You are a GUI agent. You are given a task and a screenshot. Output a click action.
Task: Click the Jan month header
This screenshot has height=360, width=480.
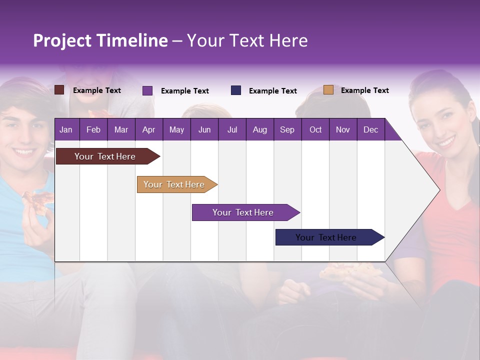coord(66,129)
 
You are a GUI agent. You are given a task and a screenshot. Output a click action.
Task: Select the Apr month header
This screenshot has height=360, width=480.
coord(148,129)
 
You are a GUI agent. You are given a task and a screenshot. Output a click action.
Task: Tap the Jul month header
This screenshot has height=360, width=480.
coord(232,129)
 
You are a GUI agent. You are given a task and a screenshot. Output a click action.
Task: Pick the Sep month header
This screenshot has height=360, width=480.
coord(287,129)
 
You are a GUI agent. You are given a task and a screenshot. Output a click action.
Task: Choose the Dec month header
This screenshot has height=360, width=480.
coord(370,129)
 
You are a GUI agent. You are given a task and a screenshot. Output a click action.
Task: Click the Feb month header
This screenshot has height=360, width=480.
coord(93,129)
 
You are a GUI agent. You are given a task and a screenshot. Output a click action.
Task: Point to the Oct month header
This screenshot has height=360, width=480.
coord(315,129)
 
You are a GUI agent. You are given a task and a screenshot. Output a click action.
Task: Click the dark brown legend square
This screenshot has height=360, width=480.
coord(59,90)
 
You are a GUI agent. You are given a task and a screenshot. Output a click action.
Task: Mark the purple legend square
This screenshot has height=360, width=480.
coord(147,90)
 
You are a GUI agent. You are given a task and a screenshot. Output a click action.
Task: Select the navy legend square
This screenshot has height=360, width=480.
coord(236,90)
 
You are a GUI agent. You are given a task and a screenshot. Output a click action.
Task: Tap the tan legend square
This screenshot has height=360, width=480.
coord(328,90)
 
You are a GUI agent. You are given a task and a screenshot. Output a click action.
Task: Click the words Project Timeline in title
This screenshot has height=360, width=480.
coord(100,40)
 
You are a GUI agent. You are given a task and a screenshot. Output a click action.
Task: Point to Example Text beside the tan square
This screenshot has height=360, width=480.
coord(364,90)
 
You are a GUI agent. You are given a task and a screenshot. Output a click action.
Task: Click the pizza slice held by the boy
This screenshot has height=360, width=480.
coord(39,200)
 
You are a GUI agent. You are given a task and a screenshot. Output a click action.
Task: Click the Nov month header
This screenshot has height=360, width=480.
coord(343,129)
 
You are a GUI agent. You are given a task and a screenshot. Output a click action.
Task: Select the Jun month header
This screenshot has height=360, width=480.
coord(204,129)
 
